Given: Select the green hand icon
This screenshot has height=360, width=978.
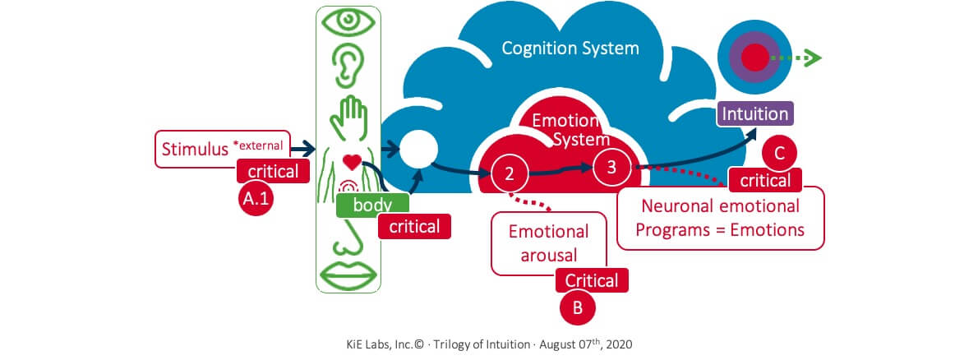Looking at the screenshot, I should [x=348, y=115].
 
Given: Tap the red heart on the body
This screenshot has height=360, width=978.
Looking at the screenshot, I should [x=352, y=161].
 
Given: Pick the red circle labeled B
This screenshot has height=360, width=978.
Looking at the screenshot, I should [x=578, y=307].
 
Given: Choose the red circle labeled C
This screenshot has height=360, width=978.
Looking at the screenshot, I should [x=780, y=154].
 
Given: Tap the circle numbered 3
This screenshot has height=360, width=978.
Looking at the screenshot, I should [x=611, y=165].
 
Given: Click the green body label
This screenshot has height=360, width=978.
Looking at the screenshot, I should [x=371, y=205].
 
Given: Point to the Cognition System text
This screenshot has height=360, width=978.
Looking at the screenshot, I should [x=570, y=48].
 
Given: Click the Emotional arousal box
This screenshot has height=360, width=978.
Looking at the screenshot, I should [x=548, y=242].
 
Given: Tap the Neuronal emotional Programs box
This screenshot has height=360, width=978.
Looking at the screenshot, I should [x=720, y=217].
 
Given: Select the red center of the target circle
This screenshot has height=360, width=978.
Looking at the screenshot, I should [x=755, y=57].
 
